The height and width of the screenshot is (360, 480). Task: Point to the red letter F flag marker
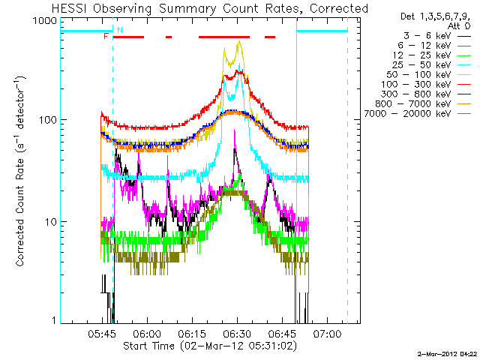[106, 36]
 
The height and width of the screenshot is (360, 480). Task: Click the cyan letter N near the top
[119, 29]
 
